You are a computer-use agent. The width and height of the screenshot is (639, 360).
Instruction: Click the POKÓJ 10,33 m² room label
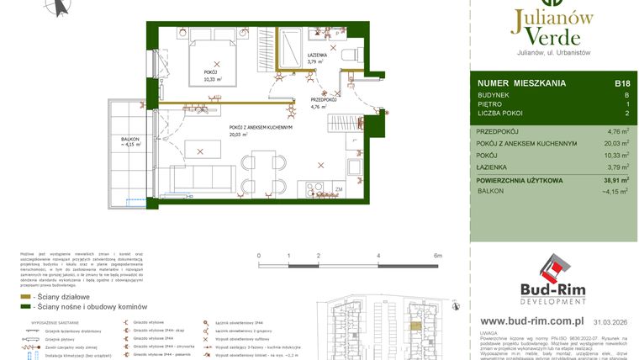point(210,77)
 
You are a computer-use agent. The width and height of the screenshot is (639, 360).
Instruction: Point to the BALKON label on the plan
point(129,141)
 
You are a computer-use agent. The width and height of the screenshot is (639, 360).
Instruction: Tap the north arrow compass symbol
point(58,7)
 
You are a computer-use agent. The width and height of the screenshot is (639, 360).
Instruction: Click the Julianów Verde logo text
point(551,27)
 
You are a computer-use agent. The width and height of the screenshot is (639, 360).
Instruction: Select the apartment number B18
point(622,83)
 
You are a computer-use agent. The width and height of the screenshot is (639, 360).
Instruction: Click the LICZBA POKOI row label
point(501,112)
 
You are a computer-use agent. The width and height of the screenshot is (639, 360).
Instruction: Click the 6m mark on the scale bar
point(437,255)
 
